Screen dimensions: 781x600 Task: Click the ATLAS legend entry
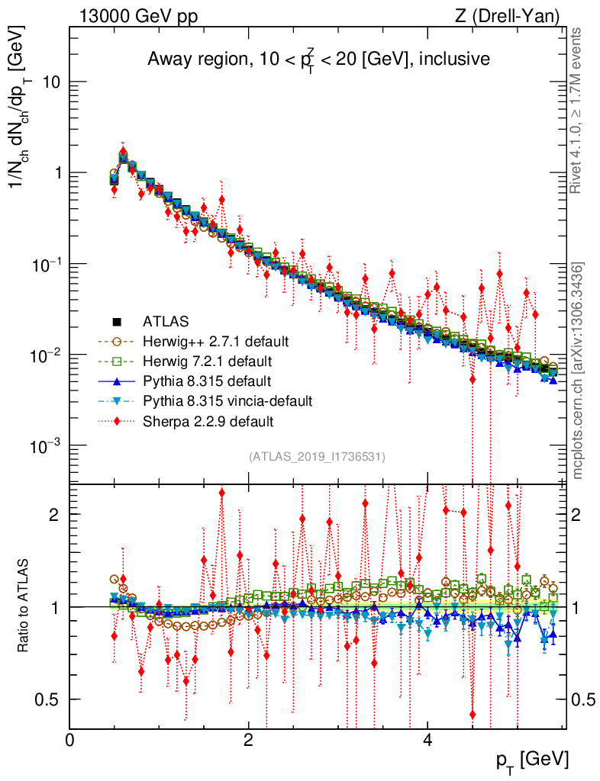click(x=165, y=321)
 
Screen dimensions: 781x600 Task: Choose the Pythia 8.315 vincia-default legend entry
click(x=227, y=400)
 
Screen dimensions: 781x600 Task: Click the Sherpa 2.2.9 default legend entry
click(x=208, y=420)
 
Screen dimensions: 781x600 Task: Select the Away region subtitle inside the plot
click(x=318, y=59)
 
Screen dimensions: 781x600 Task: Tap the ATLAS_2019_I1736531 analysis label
click(x=317, y=457)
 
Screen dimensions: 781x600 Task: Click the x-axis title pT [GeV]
click(x=530, y=760)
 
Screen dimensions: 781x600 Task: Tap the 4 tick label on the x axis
click(x=427, y=741)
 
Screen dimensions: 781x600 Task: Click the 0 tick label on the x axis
click(x=70, y=741)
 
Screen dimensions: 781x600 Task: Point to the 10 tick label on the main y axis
click(x=51, y=82)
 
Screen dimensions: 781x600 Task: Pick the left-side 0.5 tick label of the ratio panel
click(x=48, y=699)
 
